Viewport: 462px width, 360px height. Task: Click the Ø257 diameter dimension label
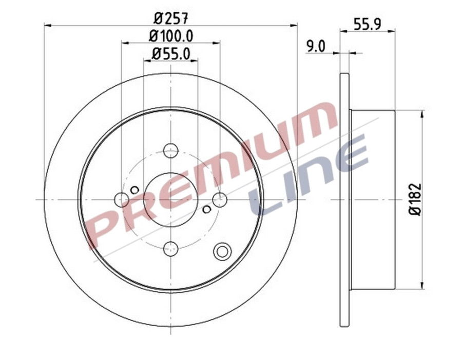(x=171, y=17)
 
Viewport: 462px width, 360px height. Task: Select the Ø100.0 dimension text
(x=171, y=36)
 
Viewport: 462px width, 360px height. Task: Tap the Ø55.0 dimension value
(x=171, y=53)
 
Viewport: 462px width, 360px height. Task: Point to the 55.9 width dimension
(x=367, y=24)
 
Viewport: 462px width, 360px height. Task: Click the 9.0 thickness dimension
(x=316, y=46)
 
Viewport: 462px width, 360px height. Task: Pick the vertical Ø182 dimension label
(x=415, y=199)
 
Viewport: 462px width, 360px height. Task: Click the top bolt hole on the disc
(x=170, y=151)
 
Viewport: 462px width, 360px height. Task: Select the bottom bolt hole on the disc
(x=170, y=249)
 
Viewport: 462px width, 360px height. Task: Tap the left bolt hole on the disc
(x=122, y=199)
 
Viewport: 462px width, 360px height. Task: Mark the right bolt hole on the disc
(x=220, y=199)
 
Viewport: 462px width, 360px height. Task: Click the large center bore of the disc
(x=170, y=199)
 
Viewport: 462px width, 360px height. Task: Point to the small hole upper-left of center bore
(x=134, y=190)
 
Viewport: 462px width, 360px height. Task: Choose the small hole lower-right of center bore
(x=206, y=209)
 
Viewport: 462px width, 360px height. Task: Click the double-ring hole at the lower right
(x=222, y=251)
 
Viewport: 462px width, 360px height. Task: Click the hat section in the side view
(x=372, y=199)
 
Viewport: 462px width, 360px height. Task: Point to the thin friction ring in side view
(x=344, y=199)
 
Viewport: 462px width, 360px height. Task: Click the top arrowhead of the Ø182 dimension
(x=422, y=113)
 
